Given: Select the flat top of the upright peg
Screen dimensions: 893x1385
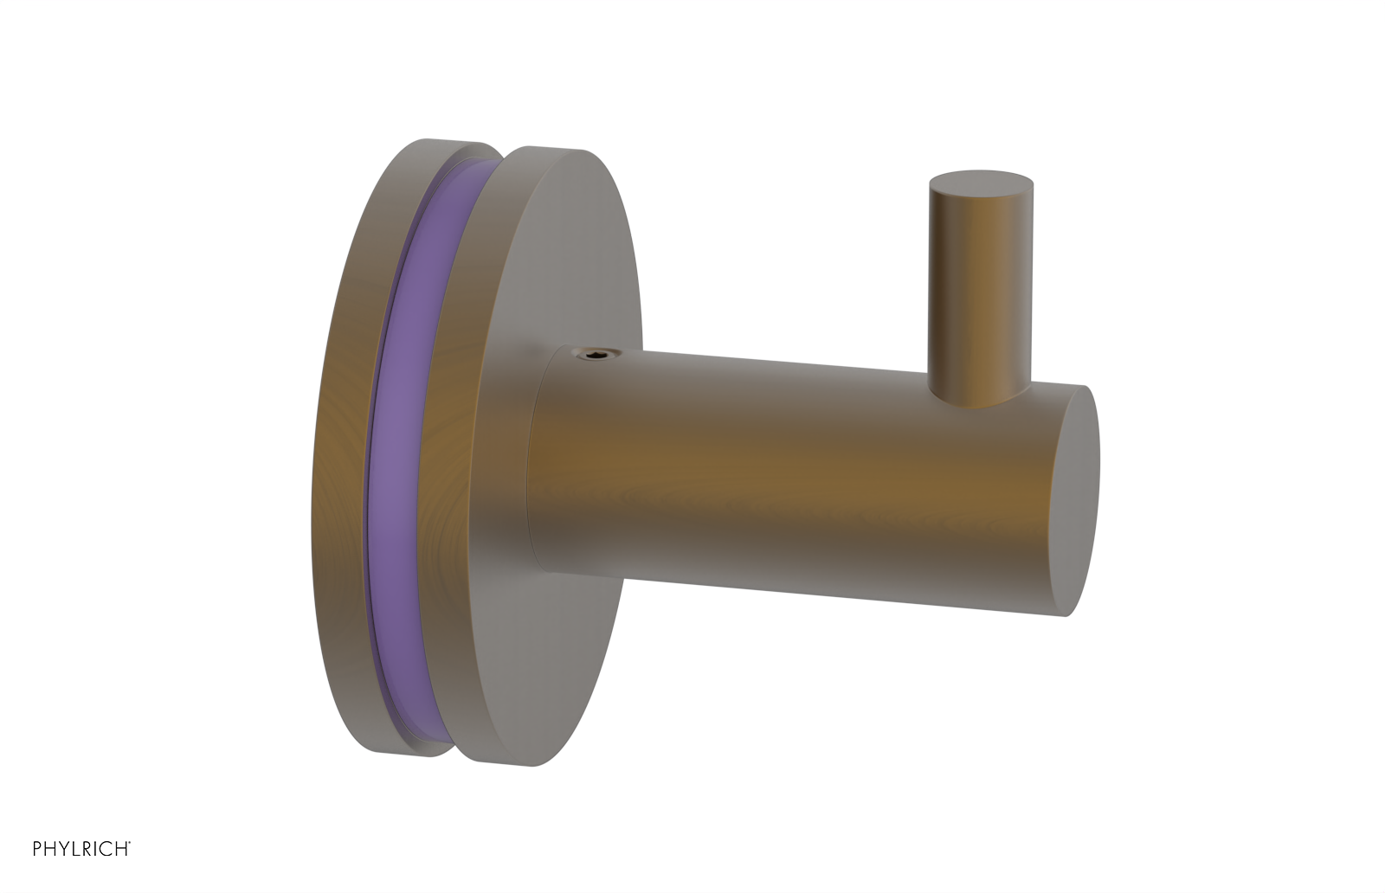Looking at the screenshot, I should click(981, 183).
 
